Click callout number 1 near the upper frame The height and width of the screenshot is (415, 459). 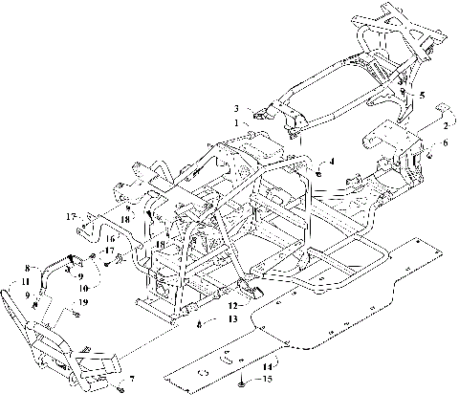coord(235,122)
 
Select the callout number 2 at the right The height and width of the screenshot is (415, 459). coord(446,125)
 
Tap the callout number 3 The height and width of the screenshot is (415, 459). coord(235,108)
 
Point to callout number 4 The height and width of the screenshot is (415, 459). coord(332,162)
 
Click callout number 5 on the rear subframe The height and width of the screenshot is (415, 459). coord(422,96)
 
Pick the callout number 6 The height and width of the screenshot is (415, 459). coord(444,143)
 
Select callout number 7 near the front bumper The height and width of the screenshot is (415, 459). coord(132,381)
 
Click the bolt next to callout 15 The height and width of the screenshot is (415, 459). coord(244,382)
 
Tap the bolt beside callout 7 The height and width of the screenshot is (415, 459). coord(119,388)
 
